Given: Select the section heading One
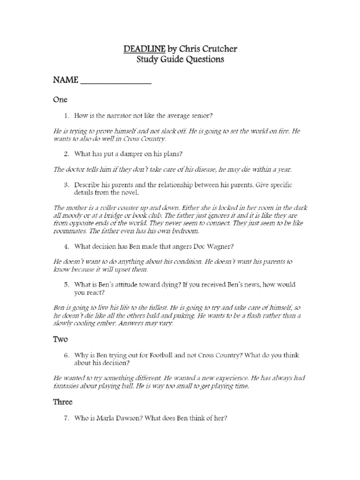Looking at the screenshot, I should click(60, 99).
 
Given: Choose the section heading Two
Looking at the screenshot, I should click(61, 339).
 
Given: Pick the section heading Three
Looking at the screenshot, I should click(63, 402).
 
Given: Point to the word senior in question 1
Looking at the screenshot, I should click(202, 115).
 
